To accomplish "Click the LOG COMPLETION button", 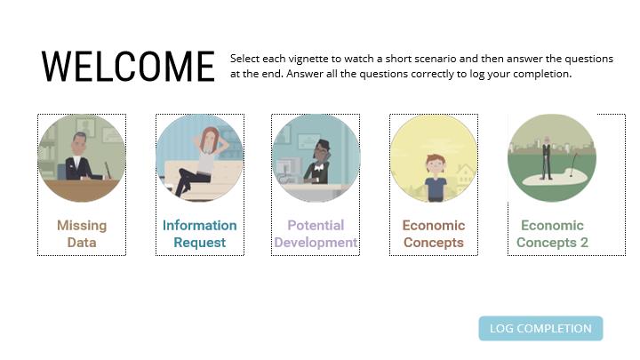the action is (x=540, y=328).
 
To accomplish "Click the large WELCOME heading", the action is (x=128, y=67).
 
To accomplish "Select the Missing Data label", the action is (x=82, y=234).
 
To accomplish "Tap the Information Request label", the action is (x=200, y=234).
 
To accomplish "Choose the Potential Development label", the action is (x=316, y=234).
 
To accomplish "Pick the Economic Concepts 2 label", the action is (x=552, y=234).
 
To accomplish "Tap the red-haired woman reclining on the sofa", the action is (x=199, y=161).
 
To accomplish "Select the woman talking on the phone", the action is (x=317, y=162).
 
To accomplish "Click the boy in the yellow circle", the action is (x=436, y=178).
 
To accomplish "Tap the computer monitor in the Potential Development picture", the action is (x=285, y=168).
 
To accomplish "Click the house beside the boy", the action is (x=465, y=177).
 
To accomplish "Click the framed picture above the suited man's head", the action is (x=85, y=127).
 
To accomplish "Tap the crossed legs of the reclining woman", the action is (x=191, y=180).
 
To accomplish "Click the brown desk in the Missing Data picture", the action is (x=82, y=190).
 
